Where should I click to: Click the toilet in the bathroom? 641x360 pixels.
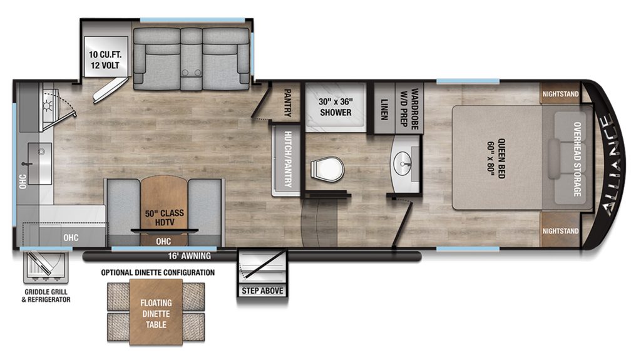click(327, 168)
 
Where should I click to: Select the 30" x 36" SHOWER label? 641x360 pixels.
click(336, 107)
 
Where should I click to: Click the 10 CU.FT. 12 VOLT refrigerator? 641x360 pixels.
click(105, 56)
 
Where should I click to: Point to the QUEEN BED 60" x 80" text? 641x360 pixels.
click(496, 158)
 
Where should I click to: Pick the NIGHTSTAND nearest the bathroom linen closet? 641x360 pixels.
click(560, 94)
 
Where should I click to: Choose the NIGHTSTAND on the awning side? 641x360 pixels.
click(560, 230)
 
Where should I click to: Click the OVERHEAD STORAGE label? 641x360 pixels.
click(577, 159)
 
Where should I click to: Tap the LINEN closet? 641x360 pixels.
click(384, 108)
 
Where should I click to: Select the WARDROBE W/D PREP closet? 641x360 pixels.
click(409, 108)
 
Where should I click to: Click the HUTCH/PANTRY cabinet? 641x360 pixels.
click(287, 160)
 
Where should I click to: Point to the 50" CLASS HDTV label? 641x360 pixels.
click(164, 218)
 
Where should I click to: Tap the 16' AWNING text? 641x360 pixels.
click(189, 256)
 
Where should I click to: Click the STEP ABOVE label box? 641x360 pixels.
click(262, 291)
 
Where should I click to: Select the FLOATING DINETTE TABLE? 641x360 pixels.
click(156, 312)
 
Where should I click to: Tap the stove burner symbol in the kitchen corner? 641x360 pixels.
click(48, 106)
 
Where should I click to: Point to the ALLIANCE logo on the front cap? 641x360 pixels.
click(612, 165)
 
